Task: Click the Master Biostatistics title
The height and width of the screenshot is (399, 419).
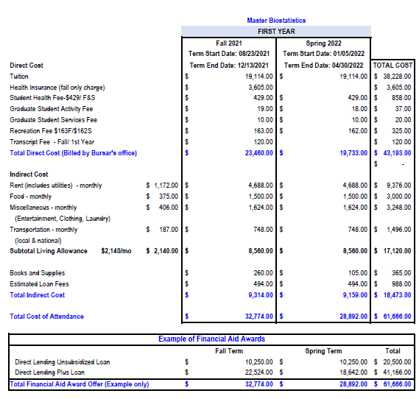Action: (x=277, y=21)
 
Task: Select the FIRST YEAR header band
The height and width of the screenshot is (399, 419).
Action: (x=277, y=32)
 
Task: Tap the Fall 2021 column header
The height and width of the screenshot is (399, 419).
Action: (x=228, y=44)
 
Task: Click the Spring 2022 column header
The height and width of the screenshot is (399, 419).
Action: (x=324, y=44)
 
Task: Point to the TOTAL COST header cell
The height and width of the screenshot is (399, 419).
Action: (x=393, y=66)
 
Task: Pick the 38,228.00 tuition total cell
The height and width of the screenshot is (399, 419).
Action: (x=396, y=77)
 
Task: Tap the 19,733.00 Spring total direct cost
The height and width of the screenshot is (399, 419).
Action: (x=351, y=153)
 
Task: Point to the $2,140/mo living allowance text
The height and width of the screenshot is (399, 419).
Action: (x=116, y=251)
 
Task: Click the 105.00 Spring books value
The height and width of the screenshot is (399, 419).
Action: (x=356, y=273)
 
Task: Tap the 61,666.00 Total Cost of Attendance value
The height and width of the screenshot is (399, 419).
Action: (x=396, y=317)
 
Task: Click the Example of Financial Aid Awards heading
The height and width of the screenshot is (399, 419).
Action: (x=212, y=339)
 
